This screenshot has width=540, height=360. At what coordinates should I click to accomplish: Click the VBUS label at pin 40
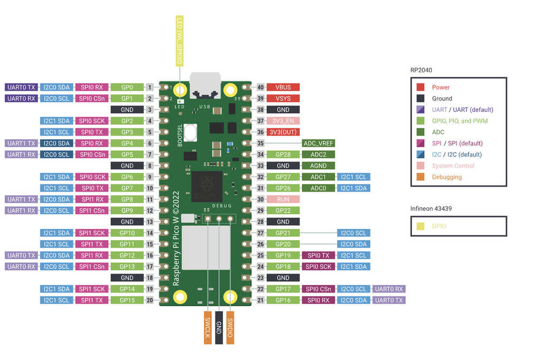pos(283,87)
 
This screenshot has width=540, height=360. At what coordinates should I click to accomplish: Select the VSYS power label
pos(283,98)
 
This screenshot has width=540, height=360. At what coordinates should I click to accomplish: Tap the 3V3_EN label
pos(283,121)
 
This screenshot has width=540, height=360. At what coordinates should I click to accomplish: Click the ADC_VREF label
pos(318,144)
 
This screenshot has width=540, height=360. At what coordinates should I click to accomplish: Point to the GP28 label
pos(283,155)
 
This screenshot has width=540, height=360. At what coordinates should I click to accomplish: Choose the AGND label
pos(318,166)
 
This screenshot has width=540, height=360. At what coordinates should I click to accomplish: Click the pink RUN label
pos(283,199)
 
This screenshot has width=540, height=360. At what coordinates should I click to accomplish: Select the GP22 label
pos(283,210)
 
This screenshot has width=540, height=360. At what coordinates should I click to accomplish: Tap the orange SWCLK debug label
pos(208,327)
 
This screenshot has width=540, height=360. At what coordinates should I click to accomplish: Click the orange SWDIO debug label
pos(230,327)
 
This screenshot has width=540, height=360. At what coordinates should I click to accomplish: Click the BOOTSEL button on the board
pos(190,132)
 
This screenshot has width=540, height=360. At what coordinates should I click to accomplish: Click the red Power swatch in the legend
pos(421,87)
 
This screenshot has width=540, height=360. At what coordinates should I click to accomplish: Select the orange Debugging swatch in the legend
pos(421,177)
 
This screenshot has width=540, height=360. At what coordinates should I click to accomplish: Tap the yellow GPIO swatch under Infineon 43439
pos(421,227)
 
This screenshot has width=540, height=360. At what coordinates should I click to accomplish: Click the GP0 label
pos(127,87)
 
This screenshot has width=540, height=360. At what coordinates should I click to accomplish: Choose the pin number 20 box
pos(150,300)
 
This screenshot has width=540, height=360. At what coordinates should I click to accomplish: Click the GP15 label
pos(127,300)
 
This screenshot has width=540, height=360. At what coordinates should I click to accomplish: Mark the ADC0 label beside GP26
pos(318,188)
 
